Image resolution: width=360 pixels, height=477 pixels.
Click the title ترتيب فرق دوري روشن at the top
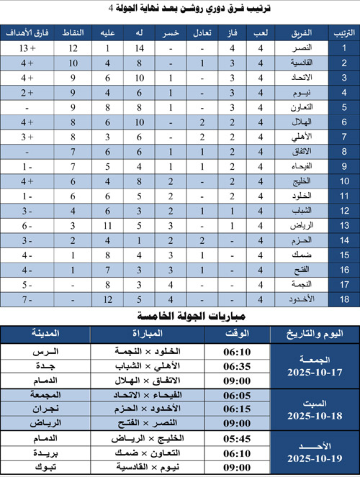click(x=180, y=9)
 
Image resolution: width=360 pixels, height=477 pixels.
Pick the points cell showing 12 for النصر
click(x=73, y=49)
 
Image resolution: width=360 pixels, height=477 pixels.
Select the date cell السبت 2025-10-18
click(x=315, y=408)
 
